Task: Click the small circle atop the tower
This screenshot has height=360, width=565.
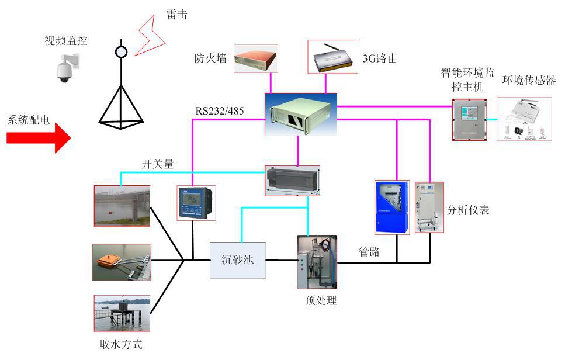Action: pyautogui.click(x=121, y=51)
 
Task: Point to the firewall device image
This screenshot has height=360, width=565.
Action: pyautogui.click(x=256, y=58)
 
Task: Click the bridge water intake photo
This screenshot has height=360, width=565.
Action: pyautogui.click(x=122, y=205)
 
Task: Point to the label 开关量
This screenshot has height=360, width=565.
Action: pyautogui.click(x=158, y=164)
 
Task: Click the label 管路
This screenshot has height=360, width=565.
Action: pyautogui.click(x=369, y=252)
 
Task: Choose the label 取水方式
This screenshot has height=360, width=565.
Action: pyautogui.click(x=121, y=344)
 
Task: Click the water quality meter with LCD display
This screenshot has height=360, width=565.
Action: pyautogui.click(x=196, y=203)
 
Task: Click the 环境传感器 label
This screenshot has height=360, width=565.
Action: pyautogui.click(x=529, y=81)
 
